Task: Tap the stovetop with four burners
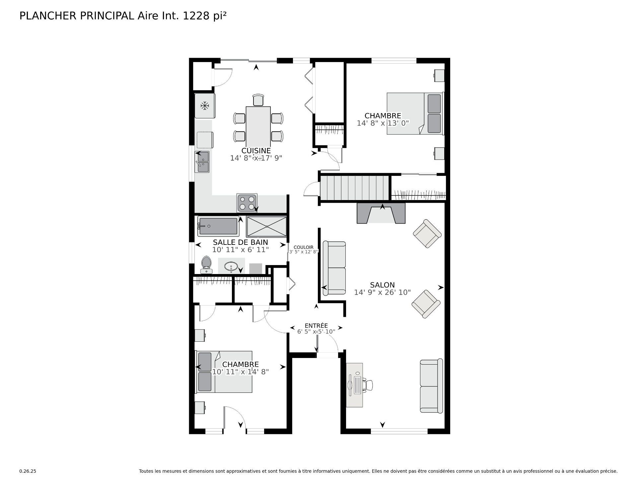(x=247, y=203)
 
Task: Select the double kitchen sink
(x=202, y=162)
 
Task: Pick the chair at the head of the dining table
(x=258, y=100)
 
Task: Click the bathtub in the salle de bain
(x=218, y=226)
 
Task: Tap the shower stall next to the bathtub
(x=266, y=226)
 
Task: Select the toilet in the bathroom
(x=207, y=264)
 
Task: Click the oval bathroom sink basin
(x=231, y=266)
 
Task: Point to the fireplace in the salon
(x=381, y=213)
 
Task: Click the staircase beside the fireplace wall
(x=354, y=188)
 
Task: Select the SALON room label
(x=382, y=285)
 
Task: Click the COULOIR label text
(x=303, y=247)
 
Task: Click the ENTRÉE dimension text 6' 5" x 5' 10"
(x=316, y=331)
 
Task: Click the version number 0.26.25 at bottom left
(x=28, y=471)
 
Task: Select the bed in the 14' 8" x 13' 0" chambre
(x=415, y=113)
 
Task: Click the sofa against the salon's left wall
(x=334, y=268)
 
